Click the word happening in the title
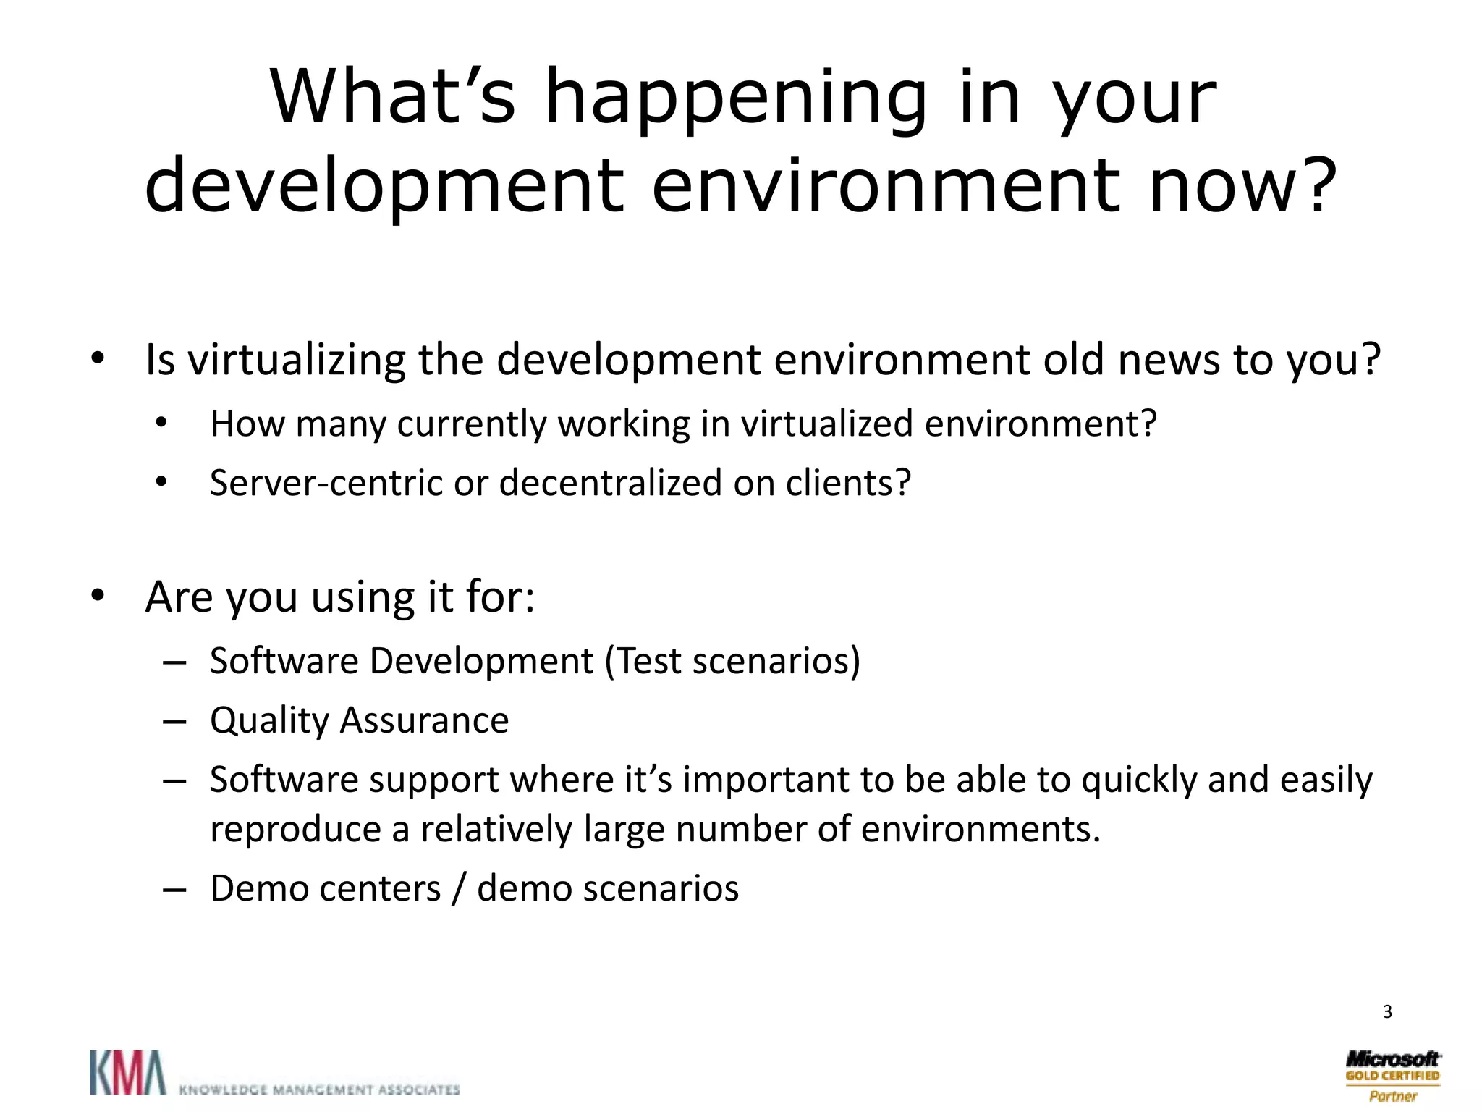point(734,100)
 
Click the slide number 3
point(1386,1011)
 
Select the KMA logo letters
point(127,1072)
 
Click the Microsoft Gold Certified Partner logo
point(1392,1076)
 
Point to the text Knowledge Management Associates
point(319,1089)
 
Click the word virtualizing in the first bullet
point(297,360)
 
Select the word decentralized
point(610,483)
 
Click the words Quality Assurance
point(359,720)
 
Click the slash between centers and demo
point(457,890)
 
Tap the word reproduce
point(295,830)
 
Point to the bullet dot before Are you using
point(98,597)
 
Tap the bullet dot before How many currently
point(161,423)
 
